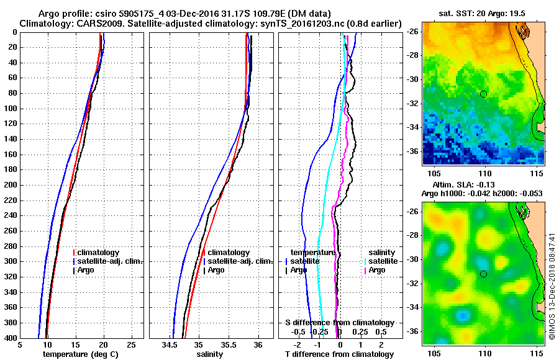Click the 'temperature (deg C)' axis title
pyautogui.click(x=81, y=354)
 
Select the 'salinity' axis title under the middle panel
pyautogui.click(x=210, y=354)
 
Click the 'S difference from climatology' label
pyautogui.click(x=340, y=323)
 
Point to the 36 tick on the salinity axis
pyautogui.click(x=258, y=344)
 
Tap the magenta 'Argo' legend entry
pyautogui.click(x=376, y=270)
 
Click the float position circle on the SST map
pyautogui.click(x=484, y=94)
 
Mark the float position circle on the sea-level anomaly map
pyautogui.click(x=484, y=274)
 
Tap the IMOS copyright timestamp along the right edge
pyautogui.click(x=552, y=286)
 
